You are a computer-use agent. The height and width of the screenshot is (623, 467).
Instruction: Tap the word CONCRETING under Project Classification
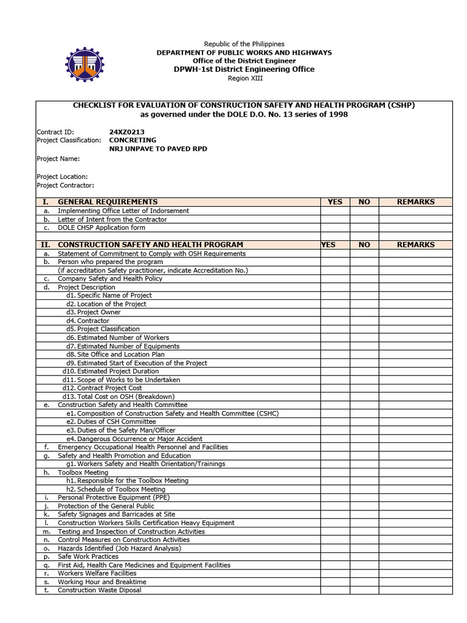click(133, 140)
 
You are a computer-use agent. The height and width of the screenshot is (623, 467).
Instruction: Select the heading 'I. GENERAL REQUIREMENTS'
click(108, 202)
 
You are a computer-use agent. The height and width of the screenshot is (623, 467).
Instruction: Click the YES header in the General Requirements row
click(335, 202)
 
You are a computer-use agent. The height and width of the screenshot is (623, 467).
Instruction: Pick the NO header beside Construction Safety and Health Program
click(364, 245)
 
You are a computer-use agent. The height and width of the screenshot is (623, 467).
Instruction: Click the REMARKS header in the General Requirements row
click(415, 202)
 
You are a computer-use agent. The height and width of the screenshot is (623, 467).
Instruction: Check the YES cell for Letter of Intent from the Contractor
click(335, 219)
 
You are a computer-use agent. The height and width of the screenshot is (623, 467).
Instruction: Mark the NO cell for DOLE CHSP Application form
click(364, 228)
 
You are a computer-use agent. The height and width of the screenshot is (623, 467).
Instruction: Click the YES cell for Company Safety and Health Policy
click(335, 279)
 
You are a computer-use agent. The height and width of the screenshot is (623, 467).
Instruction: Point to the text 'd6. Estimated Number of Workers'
click(118, 338)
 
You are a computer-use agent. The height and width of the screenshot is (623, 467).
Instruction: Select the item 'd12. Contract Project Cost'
click(102, 388)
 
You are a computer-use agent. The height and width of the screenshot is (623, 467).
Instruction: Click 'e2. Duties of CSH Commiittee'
click(111, 422)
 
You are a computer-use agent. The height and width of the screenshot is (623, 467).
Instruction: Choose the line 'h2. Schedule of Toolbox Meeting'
click(116, 489)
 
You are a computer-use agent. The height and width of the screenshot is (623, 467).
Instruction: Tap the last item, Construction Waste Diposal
click(99, 590)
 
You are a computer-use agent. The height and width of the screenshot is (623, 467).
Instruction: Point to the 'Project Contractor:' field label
click(66, 186)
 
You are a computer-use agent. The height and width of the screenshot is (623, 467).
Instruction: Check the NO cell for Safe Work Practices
click(364, 557)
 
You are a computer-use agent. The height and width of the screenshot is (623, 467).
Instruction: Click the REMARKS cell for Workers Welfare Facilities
click(415, 573)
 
